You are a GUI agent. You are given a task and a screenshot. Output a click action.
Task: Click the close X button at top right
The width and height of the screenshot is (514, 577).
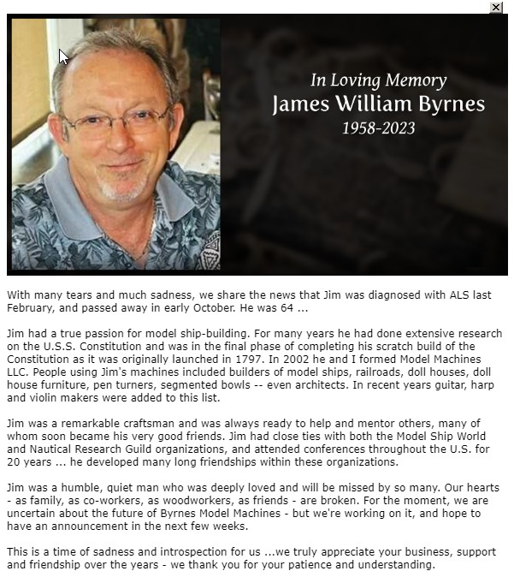496,7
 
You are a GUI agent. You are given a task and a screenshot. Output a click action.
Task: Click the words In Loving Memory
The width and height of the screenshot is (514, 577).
378,81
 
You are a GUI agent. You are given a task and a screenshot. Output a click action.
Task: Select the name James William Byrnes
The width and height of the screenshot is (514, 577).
378,104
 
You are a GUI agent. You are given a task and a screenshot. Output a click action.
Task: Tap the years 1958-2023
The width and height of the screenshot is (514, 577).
378,128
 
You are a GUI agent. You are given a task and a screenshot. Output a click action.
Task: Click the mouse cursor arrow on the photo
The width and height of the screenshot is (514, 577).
63,57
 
